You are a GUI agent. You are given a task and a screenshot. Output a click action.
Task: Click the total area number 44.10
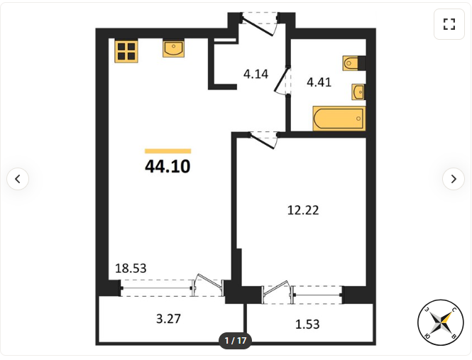tap(168, 166)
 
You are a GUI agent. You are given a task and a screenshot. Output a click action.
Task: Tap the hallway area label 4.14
tap(256, 74)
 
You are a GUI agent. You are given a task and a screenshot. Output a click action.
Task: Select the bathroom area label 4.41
tap(319, 82)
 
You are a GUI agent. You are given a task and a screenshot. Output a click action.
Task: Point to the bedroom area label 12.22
tap(303, 210)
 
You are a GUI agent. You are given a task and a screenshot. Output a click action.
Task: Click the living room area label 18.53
tap(131, 268)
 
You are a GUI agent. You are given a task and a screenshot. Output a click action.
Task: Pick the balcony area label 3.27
tap(168, 318)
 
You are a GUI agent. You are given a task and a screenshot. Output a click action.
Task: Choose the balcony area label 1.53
tap(307, 324)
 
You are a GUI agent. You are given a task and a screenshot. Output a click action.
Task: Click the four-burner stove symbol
tap(126, 51)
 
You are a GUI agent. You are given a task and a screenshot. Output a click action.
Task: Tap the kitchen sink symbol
tap(173, 49)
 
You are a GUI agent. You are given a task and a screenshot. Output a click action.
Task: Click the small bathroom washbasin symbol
tap(358, 92)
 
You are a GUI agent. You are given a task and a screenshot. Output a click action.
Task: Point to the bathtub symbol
tap(339, 119)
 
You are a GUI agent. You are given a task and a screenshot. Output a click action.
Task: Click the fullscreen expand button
tap(449, 24)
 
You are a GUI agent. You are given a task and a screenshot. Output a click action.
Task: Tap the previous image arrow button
tap(18, 179)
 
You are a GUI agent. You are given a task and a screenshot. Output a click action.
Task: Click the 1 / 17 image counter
tap(236, 340)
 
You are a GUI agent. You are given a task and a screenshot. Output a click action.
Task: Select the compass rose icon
tap(440, 322)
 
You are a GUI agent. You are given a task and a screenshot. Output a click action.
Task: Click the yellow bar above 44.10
tap(168, 151)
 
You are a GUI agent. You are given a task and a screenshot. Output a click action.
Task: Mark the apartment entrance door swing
tap(258, 26)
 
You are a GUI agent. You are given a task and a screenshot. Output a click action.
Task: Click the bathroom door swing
tap(282, 80)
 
